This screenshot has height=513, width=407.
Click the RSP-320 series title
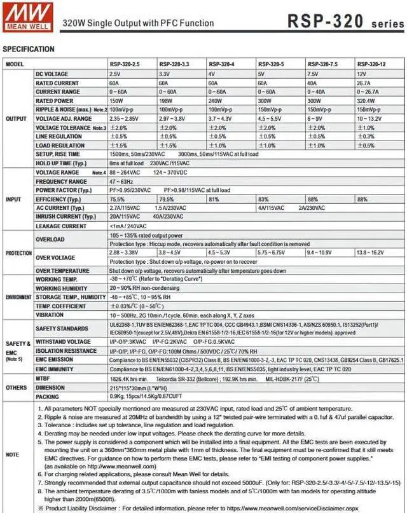pyautogui.click(x=343, y=21)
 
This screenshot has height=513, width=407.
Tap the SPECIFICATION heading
pyautogui.click(x=29, y=50)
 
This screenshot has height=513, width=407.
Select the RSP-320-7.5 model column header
pyautogui.click(x=322, y=65)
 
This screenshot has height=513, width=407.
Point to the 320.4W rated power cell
pyautogui.click(x=367, y=101)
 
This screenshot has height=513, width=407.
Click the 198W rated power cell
pyautogui.click(x=165, y=101)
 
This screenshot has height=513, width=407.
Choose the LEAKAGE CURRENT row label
pyautogui.click(x=61, y=226)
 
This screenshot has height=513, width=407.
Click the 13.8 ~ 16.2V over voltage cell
pyautogui.click(x=372, y=252)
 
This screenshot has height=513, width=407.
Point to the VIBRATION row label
pyautogui.click(x=50, y=315)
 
